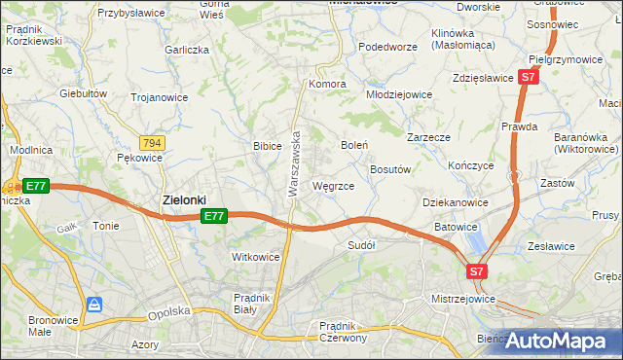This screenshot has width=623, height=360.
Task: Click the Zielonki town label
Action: (x=183, y=199)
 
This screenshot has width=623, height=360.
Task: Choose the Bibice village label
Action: (x=268, y=146)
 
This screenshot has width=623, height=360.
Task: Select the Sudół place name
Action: (x=361, y=245)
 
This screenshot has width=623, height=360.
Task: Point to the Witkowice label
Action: (x=256, y=257)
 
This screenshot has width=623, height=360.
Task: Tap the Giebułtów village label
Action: (x=83, y=93)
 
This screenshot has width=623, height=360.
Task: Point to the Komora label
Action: (x=328, y=84)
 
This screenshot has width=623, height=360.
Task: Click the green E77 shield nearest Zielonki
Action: (x=215, y=216)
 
